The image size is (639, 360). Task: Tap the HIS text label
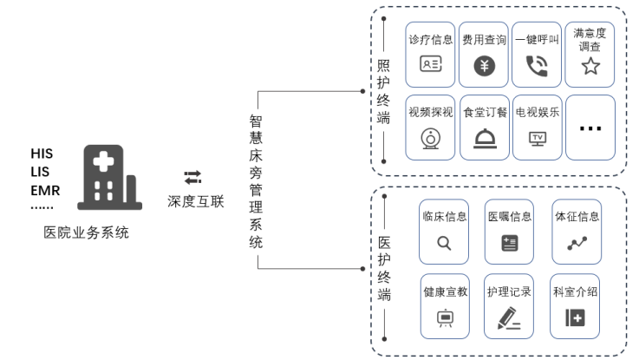pyautogui.click(x=42, y=154)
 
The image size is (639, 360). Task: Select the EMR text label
pyautogui.click(x=44, y=190)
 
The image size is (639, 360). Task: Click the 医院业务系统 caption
pyautogui.click(x=87, y=232)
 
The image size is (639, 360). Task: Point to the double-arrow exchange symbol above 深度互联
pyautogui.click(x=192, y=177)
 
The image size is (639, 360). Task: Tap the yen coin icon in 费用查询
pyautogui.click(x=484, y=65)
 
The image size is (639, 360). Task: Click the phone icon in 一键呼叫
pyautogui.click(x=537, y=65)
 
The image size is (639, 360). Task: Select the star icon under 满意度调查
pyautogui.click(x=590, y=66)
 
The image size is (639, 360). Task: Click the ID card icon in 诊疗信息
pyautogui.click(x=430, y=63)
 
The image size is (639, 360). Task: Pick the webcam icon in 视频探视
pyautogui.click(x=430, y=139)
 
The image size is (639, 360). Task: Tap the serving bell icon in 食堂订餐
pyautogui.click(x=484, y=139)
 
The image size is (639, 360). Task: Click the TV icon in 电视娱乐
pyautogui.click(x=538, y=138)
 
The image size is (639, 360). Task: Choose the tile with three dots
pyautogui.click(x=590, y=128)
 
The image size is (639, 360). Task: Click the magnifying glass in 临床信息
pyautogui.click(x=444, y=244)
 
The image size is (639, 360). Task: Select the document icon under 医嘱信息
pyautogui.click(x=509, y=244)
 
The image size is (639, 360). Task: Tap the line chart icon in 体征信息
pyautogui.click(x=577, y=244)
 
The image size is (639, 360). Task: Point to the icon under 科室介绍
pyautogui.click(x=575, y=317)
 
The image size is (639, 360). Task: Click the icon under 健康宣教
pyautogui.click(x=445, y=317)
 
